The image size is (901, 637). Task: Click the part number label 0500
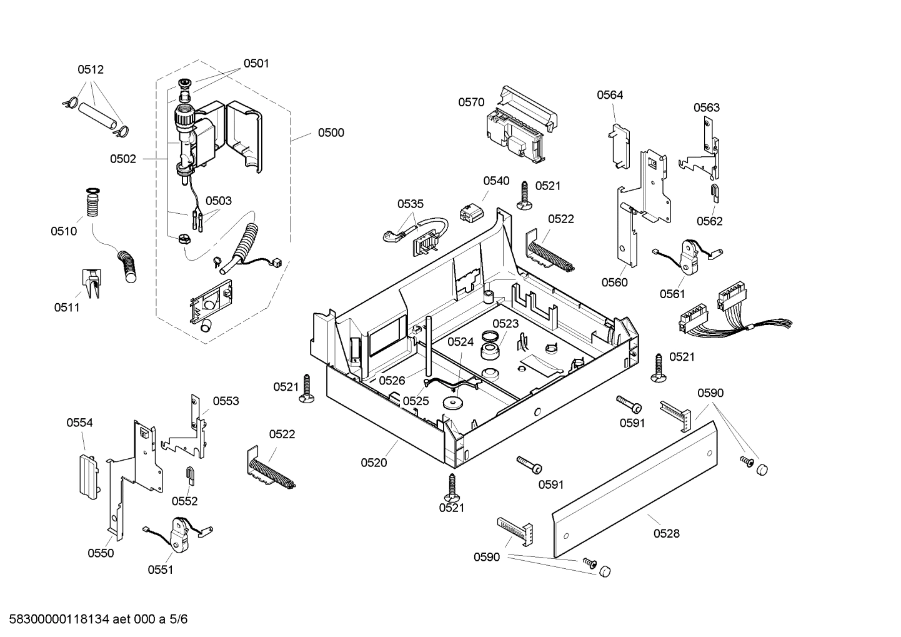pyautogui.click(x=331, y=133)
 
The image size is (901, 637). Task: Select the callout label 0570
pyautogui.click(x=471, y=102)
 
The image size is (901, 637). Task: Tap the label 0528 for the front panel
pyautogui.click(x=666, y=533)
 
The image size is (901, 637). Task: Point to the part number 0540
pyautogui.click(x=496, y=181)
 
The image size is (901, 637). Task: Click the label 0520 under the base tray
pyautogui.click(x=374, y=463)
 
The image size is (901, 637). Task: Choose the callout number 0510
pyautogui.click(x=64, y=231)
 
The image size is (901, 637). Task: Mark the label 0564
pyautogui.click(x=610, y=95)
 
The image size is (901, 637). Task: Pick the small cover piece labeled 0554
pyautogui.click(x=88, y=474)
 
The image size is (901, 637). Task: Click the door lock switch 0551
pyautogui.click(x=179, y=535)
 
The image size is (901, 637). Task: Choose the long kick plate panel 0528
pyautogui.click(x=634, y=488)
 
